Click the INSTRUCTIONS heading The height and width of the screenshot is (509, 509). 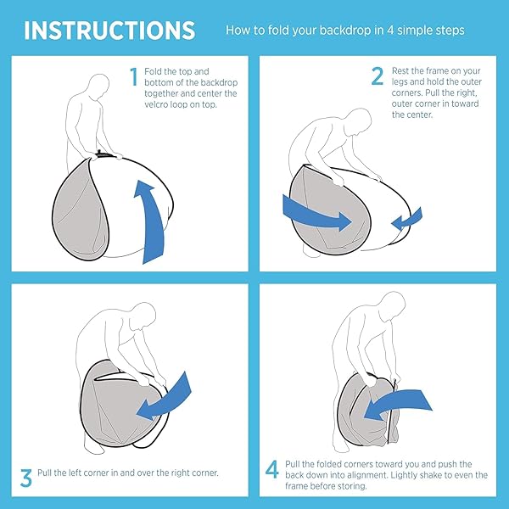109,31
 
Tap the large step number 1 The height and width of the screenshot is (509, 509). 134,76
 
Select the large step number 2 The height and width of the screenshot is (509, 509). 378,76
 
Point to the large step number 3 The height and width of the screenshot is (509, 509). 26,478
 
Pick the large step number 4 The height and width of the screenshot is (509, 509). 272,469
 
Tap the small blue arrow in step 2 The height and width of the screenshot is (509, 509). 406,220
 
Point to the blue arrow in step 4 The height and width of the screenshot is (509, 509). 398,406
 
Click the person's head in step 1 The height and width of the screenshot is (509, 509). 98,85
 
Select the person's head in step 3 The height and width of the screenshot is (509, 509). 144,316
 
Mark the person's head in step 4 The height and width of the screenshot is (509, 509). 393,304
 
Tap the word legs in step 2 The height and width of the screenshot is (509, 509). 400,82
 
